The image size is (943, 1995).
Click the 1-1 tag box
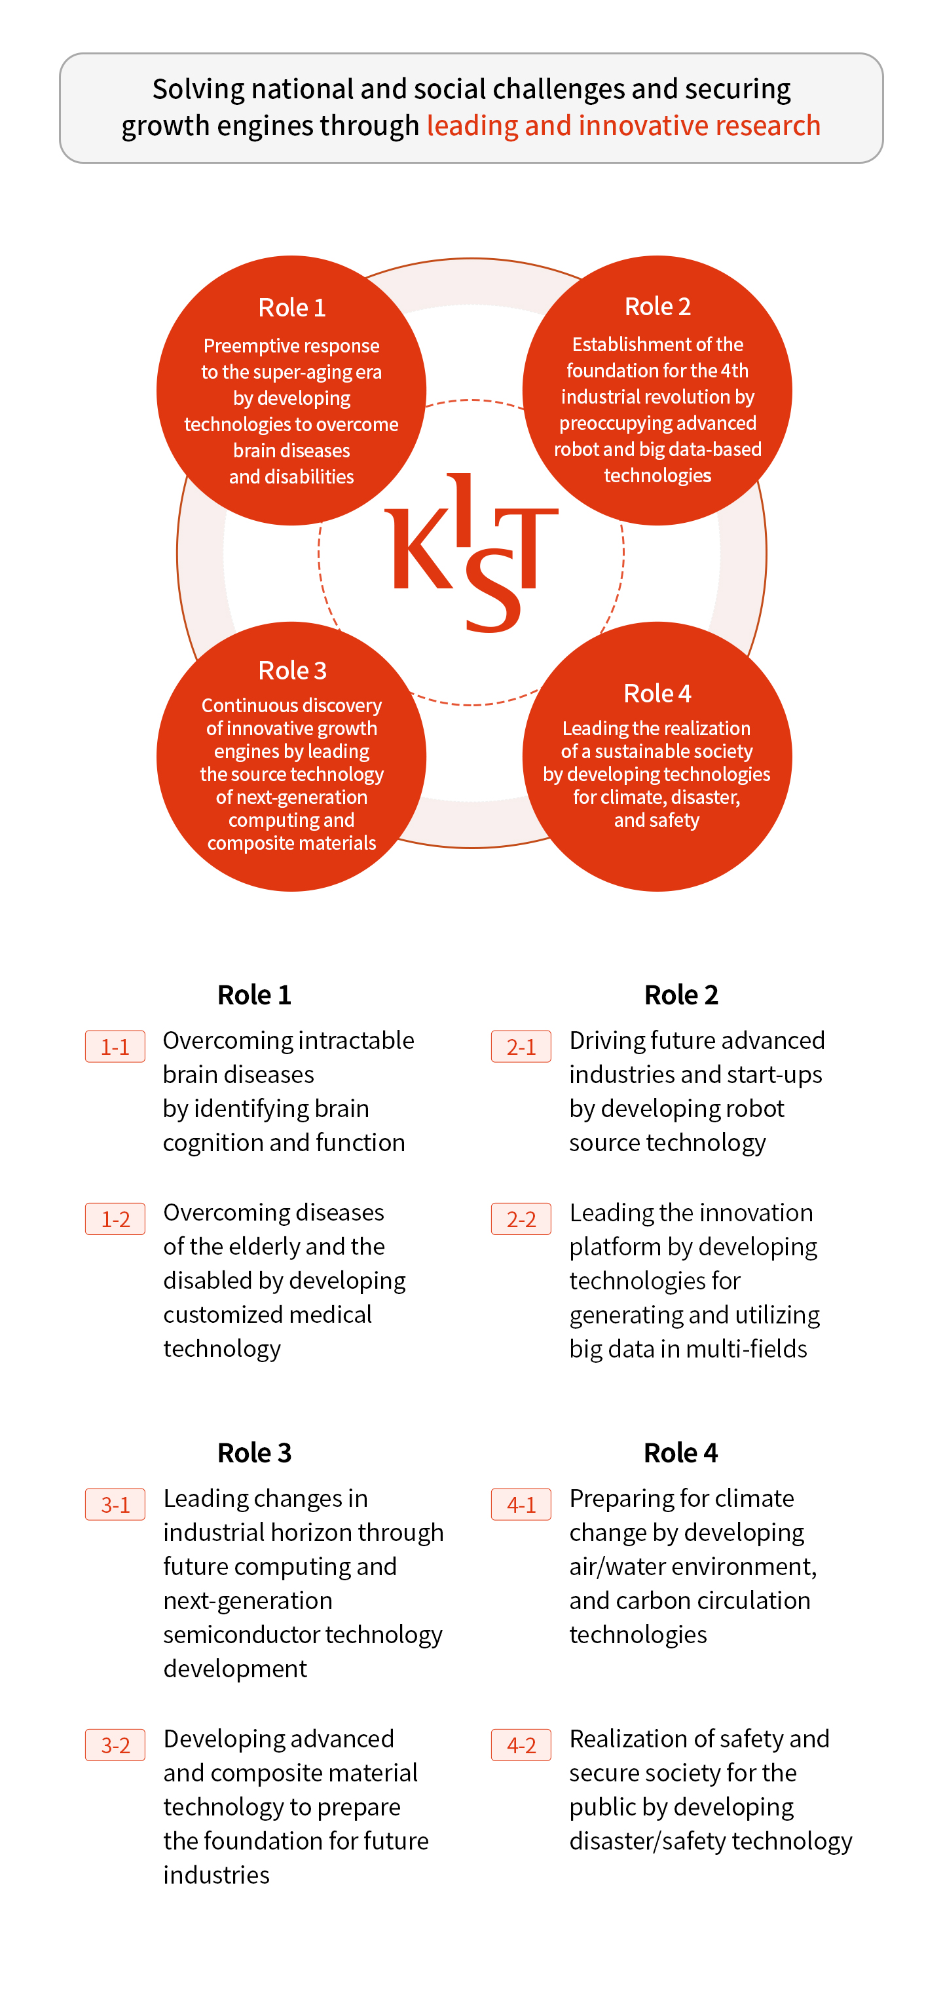point(115,1046)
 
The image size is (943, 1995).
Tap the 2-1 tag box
point(521,1046)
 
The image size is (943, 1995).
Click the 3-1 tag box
point(115,1504)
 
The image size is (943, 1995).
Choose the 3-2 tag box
point(115,1745)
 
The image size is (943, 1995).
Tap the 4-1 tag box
point(521,1504)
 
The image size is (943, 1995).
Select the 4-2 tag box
point(521,1745)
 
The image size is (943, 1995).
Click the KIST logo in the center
point(471,553)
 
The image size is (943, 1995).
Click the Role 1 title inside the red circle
point(292,307)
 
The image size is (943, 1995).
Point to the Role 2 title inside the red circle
point(657,307)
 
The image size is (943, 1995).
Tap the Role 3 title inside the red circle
point(292,670)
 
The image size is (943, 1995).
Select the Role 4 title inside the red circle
point(657,693)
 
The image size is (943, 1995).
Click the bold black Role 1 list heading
point(254,995)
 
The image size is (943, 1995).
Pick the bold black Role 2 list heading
point(681,995)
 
